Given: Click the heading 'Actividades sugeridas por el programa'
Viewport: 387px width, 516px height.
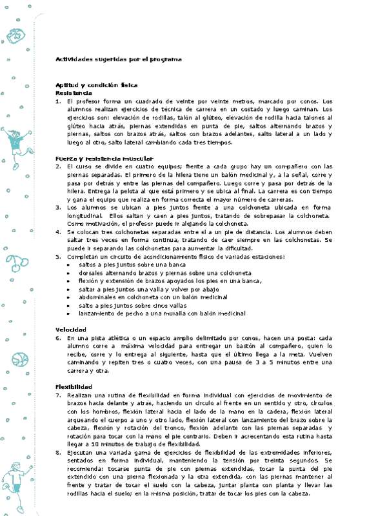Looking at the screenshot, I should coord(118,59).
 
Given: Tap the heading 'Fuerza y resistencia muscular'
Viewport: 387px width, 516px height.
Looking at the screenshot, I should coord(104,158).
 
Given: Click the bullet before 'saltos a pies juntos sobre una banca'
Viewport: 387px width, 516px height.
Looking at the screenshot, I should coord(70,264).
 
